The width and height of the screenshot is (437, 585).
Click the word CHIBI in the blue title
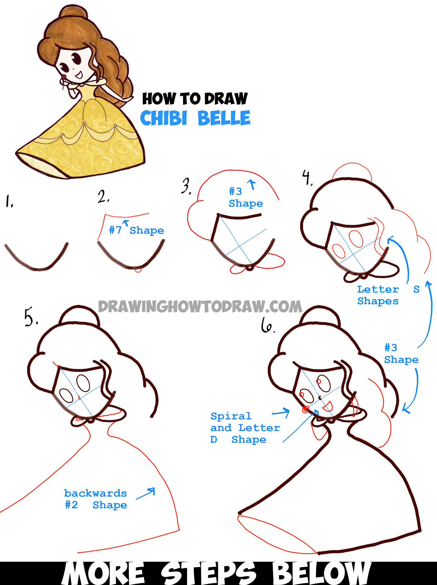[164, 118]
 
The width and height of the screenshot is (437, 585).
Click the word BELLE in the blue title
[224, 118]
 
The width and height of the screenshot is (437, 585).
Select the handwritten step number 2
[103, 196]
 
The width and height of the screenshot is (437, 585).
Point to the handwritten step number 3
[186, 186]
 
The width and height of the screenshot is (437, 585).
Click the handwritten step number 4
[307, 178]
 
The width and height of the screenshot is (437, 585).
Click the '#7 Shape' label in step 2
[136, 230]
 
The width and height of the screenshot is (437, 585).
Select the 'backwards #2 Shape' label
[96, 499]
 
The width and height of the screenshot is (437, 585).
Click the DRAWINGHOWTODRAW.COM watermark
[200, 306]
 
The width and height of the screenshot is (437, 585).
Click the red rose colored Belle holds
[64, 77]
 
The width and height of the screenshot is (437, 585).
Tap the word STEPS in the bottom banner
[208, 573]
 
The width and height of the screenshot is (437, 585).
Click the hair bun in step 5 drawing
[79, 315]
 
